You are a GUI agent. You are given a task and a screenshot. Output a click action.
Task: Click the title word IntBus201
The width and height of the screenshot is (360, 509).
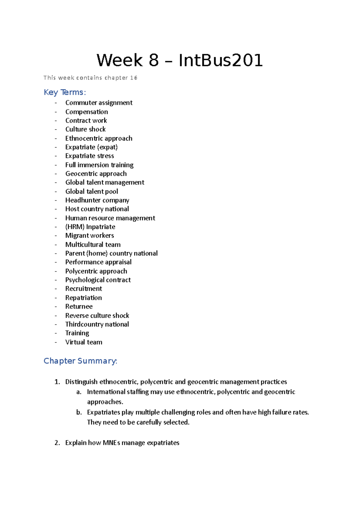pos(220,60)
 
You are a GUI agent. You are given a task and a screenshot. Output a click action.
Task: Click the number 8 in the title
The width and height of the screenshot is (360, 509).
pos(153,60)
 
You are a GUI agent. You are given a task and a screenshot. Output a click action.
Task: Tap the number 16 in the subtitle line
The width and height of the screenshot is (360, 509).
pos(134,78)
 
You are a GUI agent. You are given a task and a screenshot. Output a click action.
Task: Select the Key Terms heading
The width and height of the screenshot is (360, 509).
pos(65,92)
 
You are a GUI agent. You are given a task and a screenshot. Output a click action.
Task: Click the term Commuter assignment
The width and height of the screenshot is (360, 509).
pos(99,103)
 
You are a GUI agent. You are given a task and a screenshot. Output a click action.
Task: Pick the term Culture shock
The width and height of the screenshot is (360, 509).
pos(85,129)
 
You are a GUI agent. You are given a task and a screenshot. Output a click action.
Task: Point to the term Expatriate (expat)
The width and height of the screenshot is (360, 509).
pos(91,147)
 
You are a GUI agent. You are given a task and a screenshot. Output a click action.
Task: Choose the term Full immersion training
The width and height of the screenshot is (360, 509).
pos(99,165)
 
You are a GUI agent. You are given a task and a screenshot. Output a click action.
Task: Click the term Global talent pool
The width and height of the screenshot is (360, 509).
pos(91,192)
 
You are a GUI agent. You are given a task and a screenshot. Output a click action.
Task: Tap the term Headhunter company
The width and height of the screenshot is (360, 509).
pos(97,200)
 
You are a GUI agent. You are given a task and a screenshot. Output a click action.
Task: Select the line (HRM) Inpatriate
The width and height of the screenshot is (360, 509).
pos(90,227)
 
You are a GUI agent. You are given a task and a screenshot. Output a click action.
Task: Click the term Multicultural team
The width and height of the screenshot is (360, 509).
pos(93,245)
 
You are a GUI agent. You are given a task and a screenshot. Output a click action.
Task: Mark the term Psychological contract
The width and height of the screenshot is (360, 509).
pos(98,280)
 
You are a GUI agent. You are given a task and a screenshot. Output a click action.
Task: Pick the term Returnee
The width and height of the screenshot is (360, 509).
pos(79,307)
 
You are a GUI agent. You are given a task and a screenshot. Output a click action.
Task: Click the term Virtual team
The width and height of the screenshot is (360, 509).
pos(84,342)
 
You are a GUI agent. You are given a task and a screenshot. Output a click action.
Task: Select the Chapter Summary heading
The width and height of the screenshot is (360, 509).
pos(80,361)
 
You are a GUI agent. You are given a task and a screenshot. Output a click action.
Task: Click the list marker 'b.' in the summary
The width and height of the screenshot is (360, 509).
pos(79,412)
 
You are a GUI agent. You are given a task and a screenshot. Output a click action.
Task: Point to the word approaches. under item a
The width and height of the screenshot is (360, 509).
pos(105,402)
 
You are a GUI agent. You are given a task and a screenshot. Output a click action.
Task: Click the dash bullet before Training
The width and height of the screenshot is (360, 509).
pos(56,333)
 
